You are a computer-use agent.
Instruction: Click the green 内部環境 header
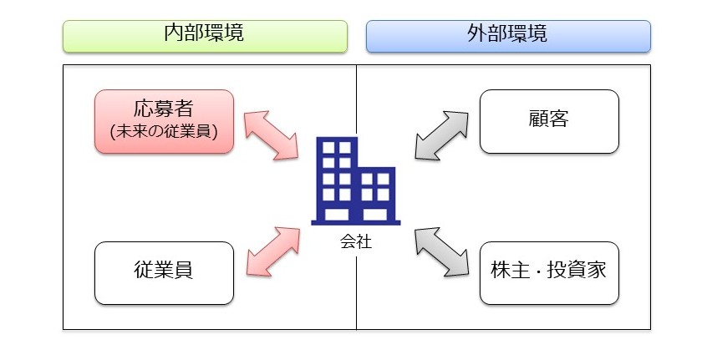[205, 36]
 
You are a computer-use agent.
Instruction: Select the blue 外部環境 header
[508, 36]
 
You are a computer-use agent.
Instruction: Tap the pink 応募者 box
[163, 122]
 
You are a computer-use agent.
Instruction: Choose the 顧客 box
[549, 122]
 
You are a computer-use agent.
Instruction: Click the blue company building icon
[355, 181]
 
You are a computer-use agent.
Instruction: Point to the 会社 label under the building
[355, 243]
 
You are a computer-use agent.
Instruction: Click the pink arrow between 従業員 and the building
[272, 251]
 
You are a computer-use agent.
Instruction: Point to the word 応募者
[163, 109]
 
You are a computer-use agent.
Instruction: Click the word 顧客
[549, 120]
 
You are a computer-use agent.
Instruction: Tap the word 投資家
[577, 272]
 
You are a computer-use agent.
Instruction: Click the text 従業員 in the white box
[163, 272]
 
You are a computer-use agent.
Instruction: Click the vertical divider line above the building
[356, 100]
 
